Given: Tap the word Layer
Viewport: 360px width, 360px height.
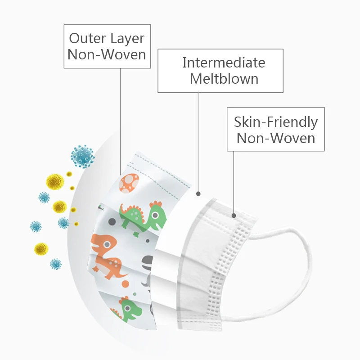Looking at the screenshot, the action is pyautogui.click(x=128, y=39).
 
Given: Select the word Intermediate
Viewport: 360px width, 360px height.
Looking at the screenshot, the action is pyautogui.click(x=224, y=63).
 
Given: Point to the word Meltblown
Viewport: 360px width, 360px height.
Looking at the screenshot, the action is pyautogui.click(x=224, y=79).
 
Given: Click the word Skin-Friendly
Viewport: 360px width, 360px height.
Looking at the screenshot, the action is pyautogui.click(x=275, y=121).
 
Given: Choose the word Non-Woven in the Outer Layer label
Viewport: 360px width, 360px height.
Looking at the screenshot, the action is pyautogui.click(x=107, y=54).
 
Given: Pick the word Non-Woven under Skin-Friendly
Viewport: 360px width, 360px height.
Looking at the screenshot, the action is pyautogui.click(x=275, y=137).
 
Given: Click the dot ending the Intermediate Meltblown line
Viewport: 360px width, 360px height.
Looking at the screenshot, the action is pyautogui.click(x=198, y=194).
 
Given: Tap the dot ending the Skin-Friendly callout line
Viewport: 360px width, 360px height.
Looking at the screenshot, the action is pyautogui.click(x=234, y=216).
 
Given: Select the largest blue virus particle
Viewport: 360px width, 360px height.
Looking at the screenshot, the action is pyautogui.click(x=82, y=156).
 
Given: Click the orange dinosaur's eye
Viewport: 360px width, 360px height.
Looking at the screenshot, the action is pyautogui.click(x=107, y=244).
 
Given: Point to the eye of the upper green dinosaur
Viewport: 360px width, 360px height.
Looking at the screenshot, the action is pyautogui.click(x=155, y=215).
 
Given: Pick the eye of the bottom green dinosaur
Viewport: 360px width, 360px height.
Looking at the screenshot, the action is pyautogui.click(x=128, y=308).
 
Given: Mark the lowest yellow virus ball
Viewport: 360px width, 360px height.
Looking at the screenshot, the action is pyautogui.click(x=41, y=248).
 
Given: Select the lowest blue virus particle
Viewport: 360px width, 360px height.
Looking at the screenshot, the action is pyautogui.click(x=55, y=264).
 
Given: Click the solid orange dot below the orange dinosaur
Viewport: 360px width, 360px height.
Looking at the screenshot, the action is pyautogui.click(x=126, y=284).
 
